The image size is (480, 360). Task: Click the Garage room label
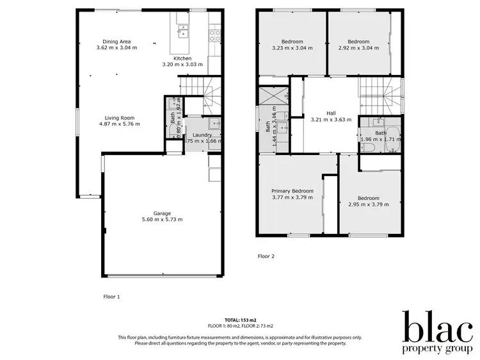(x=162, y=213)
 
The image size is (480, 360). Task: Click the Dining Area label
(x=116, y=42)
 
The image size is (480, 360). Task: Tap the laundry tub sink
(x=214, y=124)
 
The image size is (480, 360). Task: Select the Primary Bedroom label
(x=292, y=191)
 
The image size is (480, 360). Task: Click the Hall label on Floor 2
(x=331, y=113)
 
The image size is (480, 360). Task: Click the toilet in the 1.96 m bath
(x=367, y=147)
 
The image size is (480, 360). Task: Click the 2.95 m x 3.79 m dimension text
(x=368, y=205)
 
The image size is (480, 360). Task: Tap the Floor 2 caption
(x=266, y=256)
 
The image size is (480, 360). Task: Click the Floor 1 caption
(x=111, y=297)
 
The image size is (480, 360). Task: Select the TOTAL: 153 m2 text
(x=240, y=320)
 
